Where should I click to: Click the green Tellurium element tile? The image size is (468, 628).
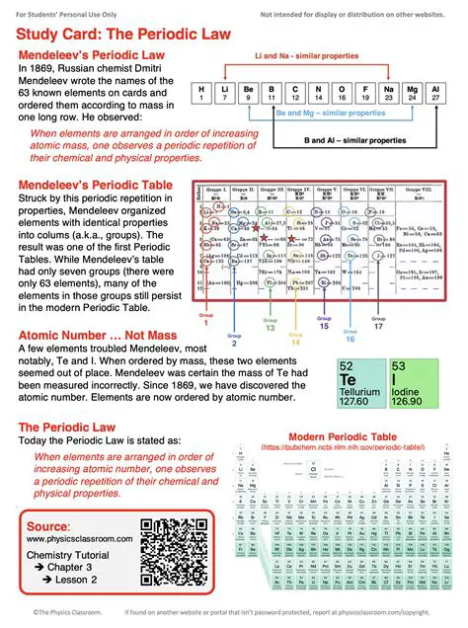click(x=359, y=382)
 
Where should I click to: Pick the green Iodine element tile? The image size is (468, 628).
click(x=414, y=382)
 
